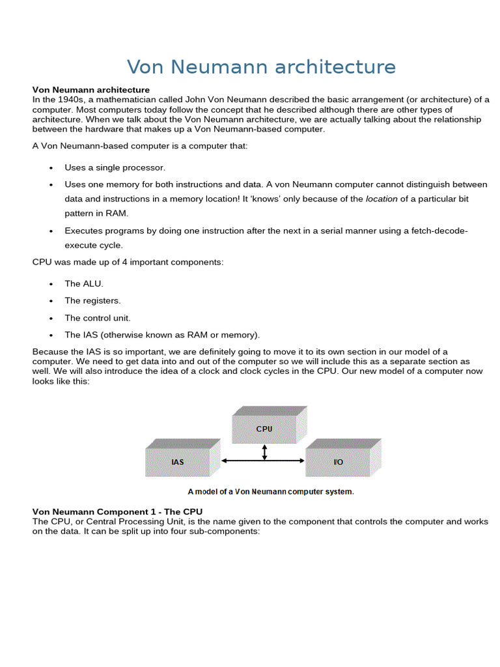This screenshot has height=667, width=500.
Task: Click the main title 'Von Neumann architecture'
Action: pyautogui.click(x=261, y=67)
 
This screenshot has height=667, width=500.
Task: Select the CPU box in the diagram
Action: pyautogui.click(x=264, y=429)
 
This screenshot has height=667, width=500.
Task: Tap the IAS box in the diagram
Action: pyautogui.click(x=177, y=462)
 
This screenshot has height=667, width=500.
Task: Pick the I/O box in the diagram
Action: pyautogui.click(x=338, y=462)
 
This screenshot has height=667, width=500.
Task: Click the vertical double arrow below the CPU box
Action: pyautogui.click(x=264, y=452)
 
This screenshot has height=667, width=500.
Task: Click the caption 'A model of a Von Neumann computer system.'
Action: pyautogui.click(x=271, y=492)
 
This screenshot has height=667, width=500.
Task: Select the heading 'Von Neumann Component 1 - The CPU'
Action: pyautogui.click(x=122, y=512)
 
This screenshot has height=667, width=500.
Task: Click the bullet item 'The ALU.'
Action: pyautogui.click(x=84, y=283)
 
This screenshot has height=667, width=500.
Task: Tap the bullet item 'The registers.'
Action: pyautogui.click(x=92, y=300)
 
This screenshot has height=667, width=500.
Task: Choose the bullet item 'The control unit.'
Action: pyautogui.click(x=98, y=318)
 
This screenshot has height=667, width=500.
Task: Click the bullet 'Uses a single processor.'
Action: pyautogui.click(x=115, y=167)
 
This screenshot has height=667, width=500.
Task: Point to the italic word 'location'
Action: pyautogui.click(x=382, y=199)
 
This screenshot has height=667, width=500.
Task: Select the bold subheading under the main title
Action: pyautogui.click(x=91, y=89)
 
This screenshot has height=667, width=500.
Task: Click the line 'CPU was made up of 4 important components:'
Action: pyautogui.click(x=128, y=262)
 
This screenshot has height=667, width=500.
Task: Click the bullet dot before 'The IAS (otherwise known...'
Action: pyautogui.click(x=51, y=335)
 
